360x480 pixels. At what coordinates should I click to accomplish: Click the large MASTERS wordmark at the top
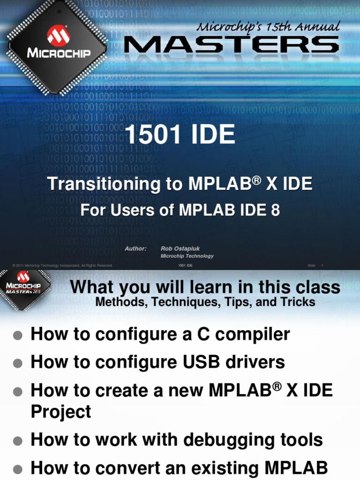(x=231, y=45)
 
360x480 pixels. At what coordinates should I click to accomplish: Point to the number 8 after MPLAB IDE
(x=275, y=210)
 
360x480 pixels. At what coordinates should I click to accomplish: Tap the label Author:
(x=135, y=249)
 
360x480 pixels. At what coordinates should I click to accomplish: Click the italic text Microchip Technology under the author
(x=187, y=256)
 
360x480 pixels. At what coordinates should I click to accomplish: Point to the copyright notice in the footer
(x=63, y=266)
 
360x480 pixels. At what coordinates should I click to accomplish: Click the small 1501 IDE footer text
(x=185, y=266)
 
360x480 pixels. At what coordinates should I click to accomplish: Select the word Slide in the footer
(x=311, y=266)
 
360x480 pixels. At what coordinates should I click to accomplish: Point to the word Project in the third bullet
(x=60, y=412)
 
